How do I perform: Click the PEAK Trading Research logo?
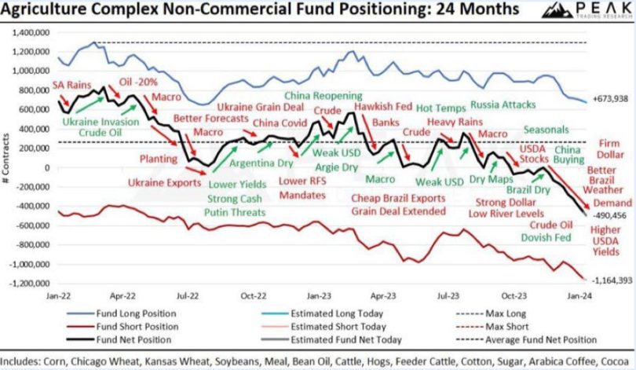click(585, 12)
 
